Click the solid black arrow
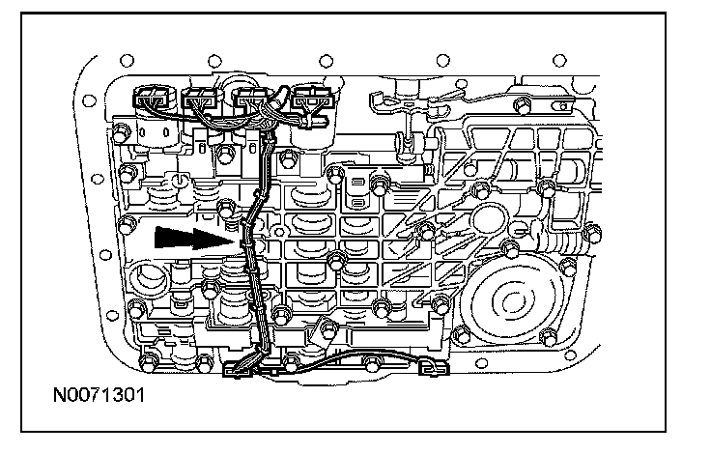click(x=195, y=238)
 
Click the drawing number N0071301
click(x=100, y=395)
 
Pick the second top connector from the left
click(x=200, y=98)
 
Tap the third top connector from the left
click(x=251, y=98)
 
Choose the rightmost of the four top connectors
click(x=313, y=98)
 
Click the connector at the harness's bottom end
click(x=239, y=369)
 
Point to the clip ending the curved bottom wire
click(x=434, y=366)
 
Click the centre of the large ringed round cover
click(x=512, y=299)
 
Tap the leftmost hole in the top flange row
click(x=127, y=60)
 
